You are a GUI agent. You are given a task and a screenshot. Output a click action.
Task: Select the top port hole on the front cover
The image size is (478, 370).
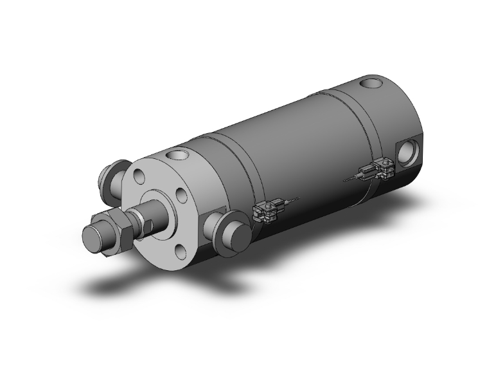(175, 155)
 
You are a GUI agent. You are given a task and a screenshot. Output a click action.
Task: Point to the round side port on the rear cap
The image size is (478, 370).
(408, 153)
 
